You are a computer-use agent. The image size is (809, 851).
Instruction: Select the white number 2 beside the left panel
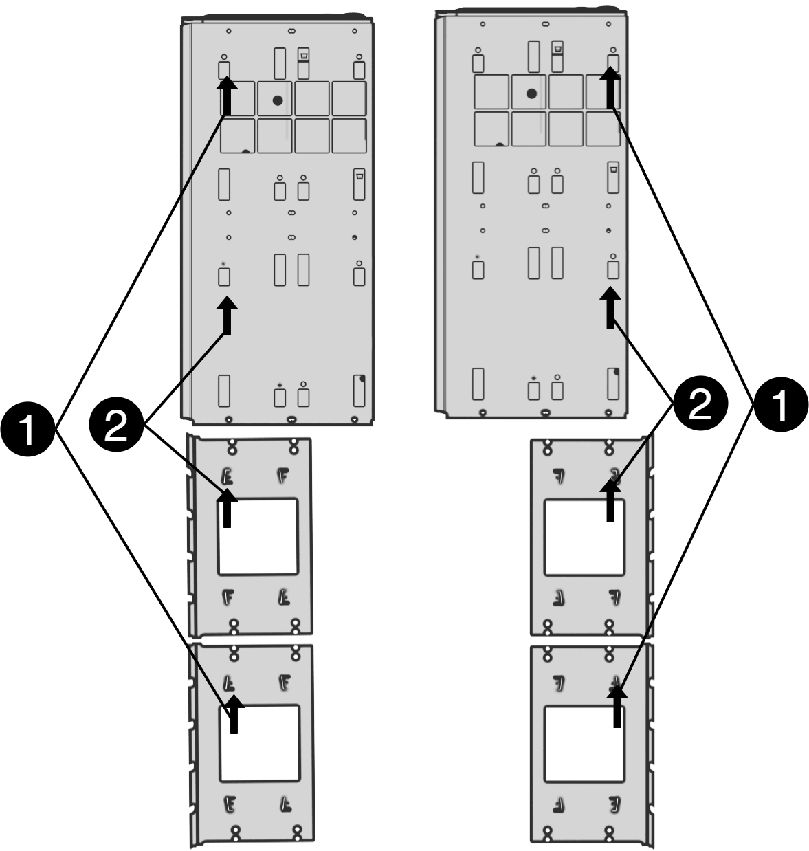[115, 427]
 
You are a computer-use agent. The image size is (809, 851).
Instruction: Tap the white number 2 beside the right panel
[700, 405]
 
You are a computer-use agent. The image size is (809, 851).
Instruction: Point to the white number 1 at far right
[779, 405]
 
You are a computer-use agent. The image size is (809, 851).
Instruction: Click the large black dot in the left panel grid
[278, 100]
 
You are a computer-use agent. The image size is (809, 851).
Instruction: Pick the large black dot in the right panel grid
[531, 93]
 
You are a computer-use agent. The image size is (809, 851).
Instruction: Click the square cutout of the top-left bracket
[258, 537]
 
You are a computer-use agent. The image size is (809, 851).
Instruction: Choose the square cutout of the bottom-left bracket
[259, 743]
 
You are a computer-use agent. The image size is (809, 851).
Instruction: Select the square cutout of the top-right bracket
[584, 538]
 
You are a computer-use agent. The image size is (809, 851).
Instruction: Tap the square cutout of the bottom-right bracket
[584, 744]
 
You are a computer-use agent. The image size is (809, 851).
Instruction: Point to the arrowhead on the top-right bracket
[610, 488]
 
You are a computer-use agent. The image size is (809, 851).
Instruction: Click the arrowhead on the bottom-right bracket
[618, 696]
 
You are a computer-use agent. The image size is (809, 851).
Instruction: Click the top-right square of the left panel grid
[349, 98]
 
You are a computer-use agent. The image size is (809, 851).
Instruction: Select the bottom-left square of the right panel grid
[491, 129]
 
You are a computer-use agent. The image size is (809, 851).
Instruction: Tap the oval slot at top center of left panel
[291, 31]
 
